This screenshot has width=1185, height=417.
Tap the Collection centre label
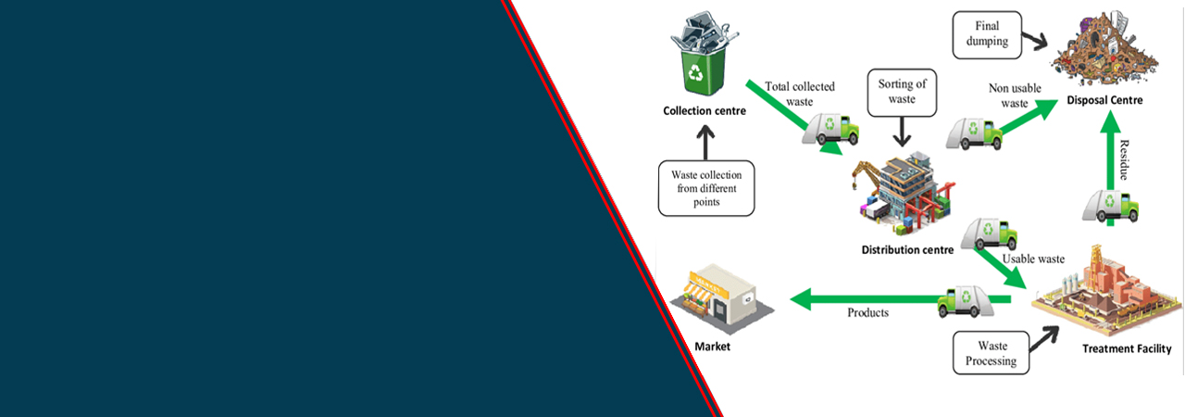(705, 111)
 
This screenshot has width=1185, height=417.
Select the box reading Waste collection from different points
(706, 189)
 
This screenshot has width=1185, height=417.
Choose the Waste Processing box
(991, 353)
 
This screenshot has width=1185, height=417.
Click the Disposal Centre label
(1104, 100)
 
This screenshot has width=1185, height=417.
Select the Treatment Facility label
(1127, 349)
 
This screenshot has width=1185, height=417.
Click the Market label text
(712, 347)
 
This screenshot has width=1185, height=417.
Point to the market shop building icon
(717, 297)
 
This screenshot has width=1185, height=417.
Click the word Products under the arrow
(867, 312)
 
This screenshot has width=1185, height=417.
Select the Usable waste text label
(1033, 259)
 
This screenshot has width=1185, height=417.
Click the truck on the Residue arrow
(1110, 205)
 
